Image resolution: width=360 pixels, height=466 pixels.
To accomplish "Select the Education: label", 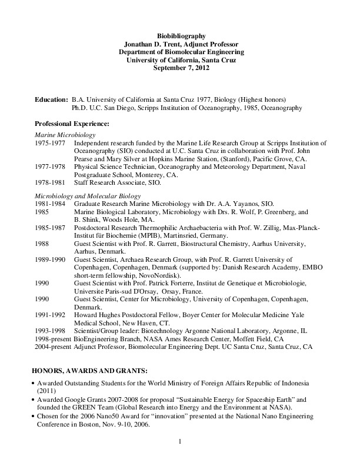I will point(51,100).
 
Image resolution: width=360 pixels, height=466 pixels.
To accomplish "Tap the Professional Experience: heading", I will point(69,125).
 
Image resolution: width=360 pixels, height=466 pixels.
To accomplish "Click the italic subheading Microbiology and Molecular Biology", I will point(84,195).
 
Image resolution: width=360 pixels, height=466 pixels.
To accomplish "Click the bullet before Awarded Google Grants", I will point(33,400).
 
